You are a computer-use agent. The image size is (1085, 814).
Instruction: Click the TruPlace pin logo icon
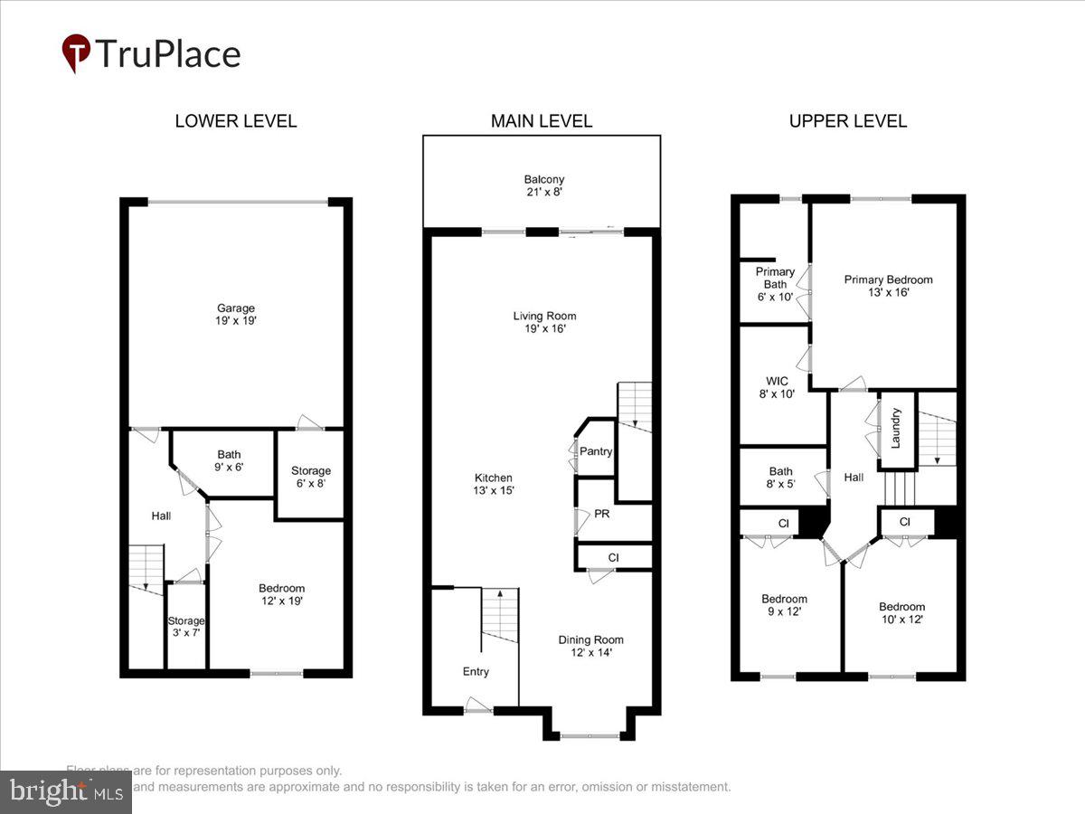tap(76, 53)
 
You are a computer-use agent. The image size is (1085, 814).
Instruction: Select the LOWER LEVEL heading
tap(235, 121)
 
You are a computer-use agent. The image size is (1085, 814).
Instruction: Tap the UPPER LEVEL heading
tap(847, 121)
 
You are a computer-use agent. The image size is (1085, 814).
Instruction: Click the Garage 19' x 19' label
tap(235, 314)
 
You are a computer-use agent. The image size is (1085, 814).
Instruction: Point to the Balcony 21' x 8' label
tap(543, 185)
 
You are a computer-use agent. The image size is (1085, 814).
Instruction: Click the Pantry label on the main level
tap(596, 451)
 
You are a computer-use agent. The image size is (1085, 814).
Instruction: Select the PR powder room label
tap(601, 513)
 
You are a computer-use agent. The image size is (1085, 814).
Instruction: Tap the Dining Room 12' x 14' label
tap(590, 646)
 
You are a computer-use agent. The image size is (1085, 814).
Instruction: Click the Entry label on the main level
tap(476, 671)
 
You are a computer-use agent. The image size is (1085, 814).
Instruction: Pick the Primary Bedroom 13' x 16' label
tap(888, 286)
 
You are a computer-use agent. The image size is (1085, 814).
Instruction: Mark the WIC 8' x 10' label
tap(776, 387)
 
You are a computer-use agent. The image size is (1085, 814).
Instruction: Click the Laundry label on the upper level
tap(896, 428)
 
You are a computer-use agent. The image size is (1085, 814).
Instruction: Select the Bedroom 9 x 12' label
tap(784, 605)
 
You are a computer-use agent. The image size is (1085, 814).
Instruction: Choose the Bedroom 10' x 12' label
tap(901, 612)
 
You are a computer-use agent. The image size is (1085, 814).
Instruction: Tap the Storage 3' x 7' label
tap(186, 626)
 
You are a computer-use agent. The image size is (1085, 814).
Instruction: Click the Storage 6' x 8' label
tap(310, 477)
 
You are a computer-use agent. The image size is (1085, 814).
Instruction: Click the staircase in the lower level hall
tap(145, 569)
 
